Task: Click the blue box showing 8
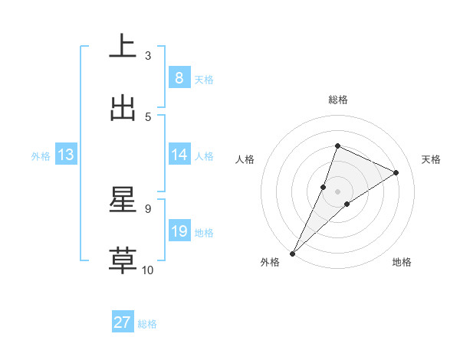179,77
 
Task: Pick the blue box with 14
179,155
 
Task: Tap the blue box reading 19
179,231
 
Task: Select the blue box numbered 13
66,155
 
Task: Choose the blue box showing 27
123,322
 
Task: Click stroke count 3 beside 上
148,55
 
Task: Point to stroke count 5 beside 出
148,116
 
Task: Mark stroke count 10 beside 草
148,270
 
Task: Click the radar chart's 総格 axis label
337,100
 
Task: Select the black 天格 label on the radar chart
432,159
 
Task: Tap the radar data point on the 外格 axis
292,253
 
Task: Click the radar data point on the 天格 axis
396,172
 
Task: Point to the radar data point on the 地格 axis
347,203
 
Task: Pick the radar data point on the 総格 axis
337,146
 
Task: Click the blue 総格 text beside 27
147,324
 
